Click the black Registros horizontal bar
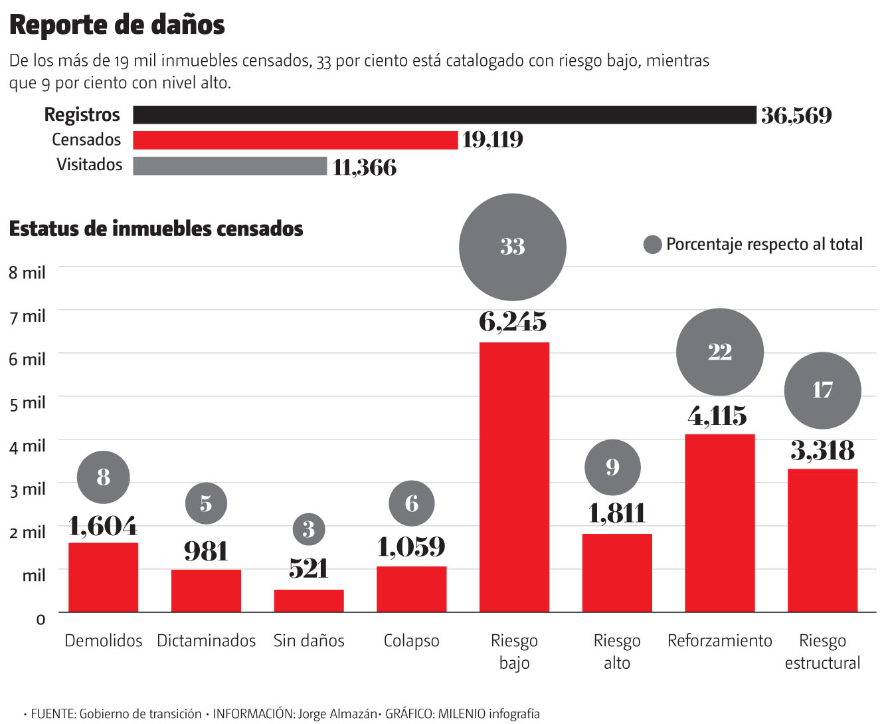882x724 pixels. tap(444, 115)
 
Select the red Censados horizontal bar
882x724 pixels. tap(296, 140)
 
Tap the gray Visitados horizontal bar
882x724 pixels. tap(230, 166)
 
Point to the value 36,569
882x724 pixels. tap(796, 116)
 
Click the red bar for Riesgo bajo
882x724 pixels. tap(514, 477)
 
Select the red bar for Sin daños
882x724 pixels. tap(309, 600)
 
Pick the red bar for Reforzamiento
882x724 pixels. tap(719, 523)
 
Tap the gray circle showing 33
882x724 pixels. tap(513, 247)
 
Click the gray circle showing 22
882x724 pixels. tap(719, 352)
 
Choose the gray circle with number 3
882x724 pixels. tap(309, 529)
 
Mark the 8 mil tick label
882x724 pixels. tap(27, 273)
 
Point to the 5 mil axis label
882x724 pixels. tap(27, 403)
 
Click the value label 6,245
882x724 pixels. tap(513, 322)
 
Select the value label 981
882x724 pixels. tap(206, 552)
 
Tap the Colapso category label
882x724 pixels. tap(412, 641)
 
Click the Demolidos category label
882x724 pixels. tap(104, 641)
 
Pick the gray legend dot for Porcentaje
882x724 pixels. tap(653, 245)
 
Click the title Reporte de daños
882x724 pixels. tap(117, 25)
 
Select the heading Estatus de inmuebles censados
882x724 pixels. tap(156, 229)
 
